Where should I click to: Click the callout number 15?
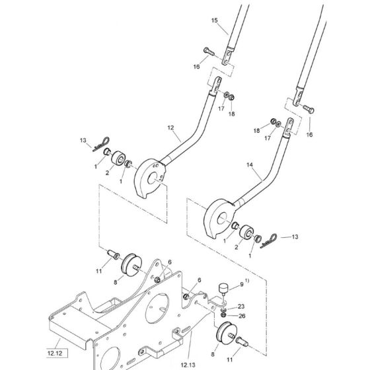tap(214, 20)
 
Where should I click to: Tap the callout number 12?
tap(170, 128)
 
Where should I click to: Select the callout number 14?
tap(250, 165)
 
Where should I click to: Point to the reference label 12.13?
tap(188, 365)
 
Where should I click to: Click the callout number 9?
tap(241, 284)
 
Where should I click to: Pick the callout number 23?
tap(241, 307)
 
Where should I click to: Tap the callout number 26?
tap(242, 316)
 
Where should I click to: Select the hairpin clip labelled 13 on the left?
tap(102, 144)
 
